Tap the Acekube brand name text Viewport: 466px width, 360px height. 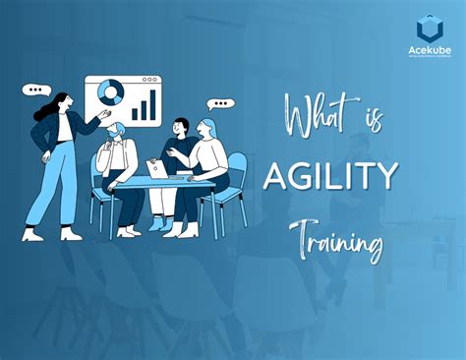(429, 50)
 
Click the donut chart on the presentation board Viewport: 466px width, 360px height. (110, 93)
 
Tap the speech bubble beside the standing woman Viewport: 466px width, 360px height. (38, 89)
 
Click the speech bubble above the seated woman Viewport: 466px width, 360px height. (222, 102)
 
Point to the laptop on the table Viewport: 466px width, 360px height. (156, 170)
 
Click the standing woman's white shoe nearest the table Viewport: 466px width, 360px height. (71, 234)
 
